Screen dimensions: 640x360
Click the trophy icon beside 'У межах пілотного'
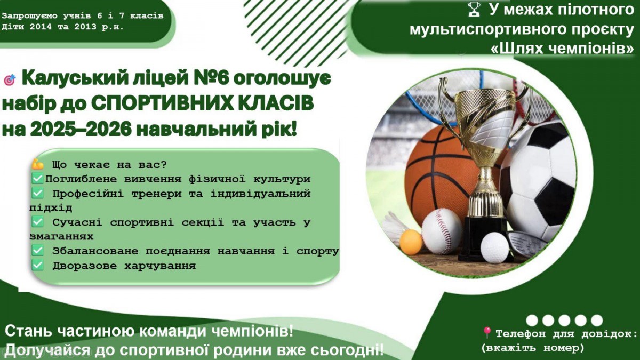click(474, 10)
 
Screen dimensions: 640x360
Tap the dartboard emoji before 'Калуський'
click(10, 79)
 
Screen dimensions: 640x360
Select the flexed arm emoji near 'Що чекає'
click(38, 164)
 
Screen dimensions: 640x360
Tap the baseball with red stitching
click(442, 231)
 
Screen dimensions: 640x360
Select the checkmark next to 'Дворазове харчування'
click(37, 265)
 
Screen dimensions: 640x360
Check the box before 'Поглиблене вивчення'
click(37, 179)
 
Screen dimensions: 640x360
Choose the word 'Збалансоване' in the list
click(95, 251)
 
